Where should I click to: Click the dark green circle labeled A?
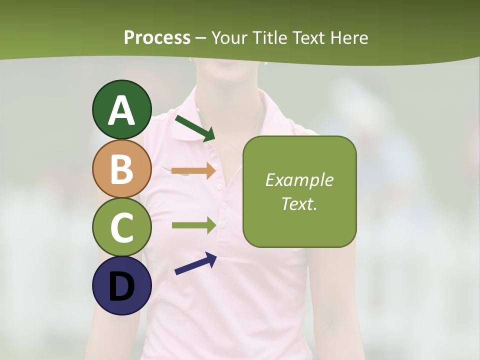pyautogui.click(x=122, y=109)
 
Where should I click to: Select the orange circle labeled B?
pyautogui.click(x=122, y=168)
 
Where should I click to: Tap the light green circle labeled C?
pyautogui.click(x=122, y=227)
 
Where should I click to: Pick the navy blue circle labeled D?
pyautogui.click(x=122, y=285)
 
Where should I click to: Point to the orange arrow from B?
pyautogui.click(x=194, y=170)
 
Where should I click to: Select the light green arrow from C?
pyautogui.click(x=194, y=225)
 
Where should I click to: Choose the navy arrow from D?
pyautogui.click(x=195, y=263)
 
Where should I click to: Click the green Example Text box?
pyautogui.click(x=299, y=191)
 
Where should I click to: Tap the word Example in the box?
pyautogui.click(x=299, y=180)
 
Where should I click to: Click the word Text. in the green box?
pyautogui.click(x=299, y=203)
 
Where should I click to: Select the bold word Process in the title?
pyautogui.click(x=157, y=37)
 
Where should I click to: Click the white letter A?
pyautogui.click(x=122, y=111)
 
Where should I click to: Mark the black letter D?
pyautogui.click(x=122, y=286)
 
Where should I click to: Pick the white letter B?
pyautogui.click(x=122, y=169)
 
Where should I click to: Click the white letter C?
pyautogui.click(x=122, y=228)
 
